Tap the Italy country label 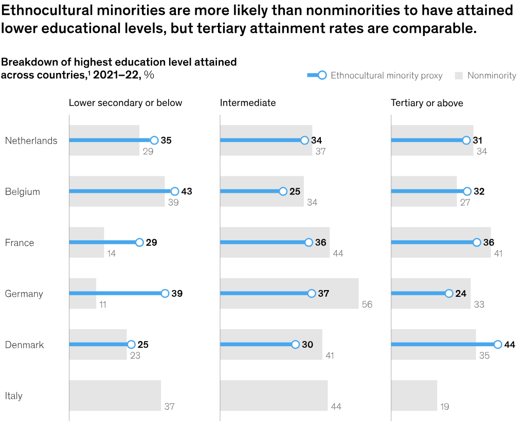click(14, 396)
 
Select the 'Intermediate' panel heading click(248, 103)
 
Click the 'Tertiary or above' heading click(427, 103)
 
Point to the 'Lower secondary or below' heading click(125, 103)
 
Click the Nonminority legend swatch click(459, 76)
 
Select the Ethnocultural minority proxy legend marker click(322, 76)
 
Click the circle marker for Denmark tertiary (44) click(498, 345)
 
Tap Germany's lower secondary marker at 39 click(165, 294)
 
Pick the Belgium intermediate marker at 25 click(283, 191)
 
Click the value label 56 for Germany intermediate click(367, 304)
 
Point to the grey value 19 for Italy click(445, 407)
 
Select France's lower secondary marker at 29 click(139, 243)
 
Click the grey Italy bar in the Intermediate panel click(274, 396)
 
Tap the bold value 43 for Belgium click(187, 191)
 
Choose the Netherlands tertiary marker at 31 click(466, 140)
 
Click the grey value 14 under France click(112, 254)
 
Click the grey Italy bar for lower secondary click(115, 396)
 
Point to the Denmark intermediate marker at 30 click(295, 345)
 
